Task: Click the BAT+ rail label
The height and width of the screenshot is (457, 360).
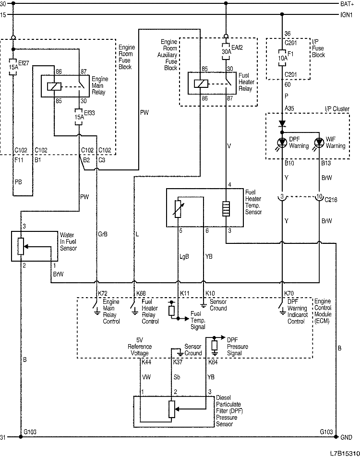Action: [x=346, y=4]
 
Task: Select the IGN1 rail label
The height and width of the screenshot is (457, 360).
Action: [x=346, y=15]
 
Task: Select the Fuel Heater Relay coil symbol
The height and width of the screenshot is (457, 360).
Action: [x=200, y=83]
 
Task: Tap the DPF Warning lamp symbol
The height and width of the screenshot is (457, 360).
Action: [x=282, y=143]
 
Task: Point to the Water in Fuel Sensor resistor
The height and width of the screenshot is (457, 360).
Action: [x=21, y=246]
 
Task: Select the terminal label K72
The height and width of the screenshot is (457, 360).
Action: [x=102, y=293]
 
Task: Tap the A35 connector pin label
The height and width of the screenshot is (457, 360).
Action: [x=289, y=108]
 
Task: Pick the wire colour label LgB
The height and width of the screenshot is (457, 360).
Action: [x=184, y=256]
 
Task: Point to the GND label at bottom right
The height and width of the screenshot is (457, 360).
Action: [x=346, y=437]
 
